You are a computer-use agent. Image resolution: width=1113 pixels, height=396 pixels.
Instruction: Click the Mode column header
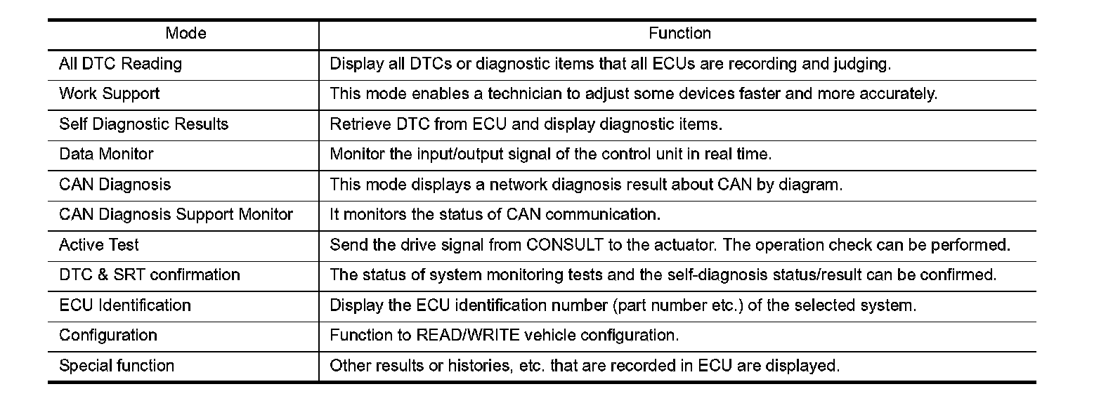click(x=185, y=34)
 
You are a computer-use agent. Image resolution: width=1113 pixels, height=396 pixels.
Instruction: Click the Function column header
click(x=679, y=34)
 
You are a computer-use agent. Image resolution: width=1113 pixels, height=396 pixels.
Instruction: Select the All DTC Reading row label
click(x=120, y=64)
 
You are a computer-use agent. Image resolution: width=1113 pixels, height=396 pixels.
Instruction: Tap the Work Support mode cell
click(x=109, y=94)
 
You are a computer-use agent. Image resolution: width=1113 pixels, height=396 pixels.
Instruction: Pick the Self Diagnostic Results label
click(x=143, y=124)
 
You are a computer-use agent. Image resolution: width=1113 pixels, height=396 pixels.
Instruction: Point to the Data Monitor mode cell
click(x=106, y=154)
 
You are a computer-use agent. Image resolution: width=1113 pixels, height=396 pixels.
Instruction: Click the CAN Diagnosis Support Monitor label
click(x=176, y=215)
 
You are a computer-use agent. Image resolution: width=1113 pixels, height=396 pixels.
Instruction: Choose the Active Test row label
click(x=99, y=245)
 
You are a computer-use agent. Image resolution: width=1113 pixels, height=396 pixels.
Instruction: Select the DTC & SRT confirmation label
click(x=150, y=275)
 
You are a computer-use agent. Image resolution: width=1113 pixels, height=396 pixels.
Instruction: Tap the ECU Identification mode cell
click(x=125, y=305)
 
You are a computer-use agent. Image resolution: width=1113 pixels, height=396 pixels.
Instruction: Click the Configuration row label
click(x=108, y=336)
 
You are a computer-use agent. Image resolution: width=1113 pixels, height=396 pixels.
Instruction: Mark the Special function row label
click(x=117, y=366)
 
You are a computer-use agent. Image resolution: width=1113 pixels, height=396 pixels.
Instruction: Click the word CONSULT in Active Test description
click(x=564, y=245)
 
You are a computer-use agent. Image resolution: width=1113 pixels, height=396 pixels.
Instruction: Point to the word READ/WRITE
click(x=468, y=336)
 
